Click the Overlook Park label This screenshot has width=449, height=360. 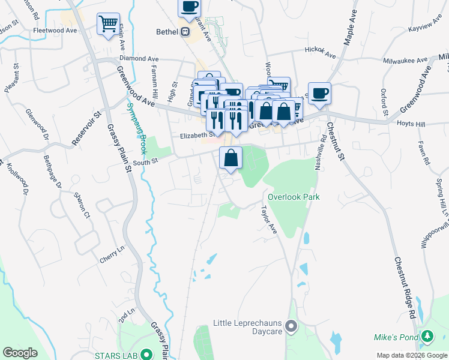(x=294, y=197)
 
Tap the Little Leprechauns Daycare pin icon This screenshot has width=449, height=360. (x=292, y=327)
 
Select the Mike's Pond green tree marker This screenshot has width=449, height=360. (x=427, y=337)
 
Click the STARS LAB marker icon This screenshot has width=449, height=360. (x=145, y=355)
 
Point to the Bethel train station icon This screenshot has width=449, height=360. (x=186, y=31)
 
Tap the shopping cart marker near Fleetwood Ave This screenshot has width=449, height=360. (x=108, y=25)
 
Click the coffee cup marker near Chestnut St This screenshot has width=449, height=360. (x=320, y=93)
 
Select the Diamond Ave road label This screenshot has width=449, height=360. (x=139, y=59)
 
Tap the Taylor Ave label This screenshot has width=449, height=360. (x=267, y=220)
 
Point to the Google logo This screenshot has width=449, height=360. (x=20, y=353)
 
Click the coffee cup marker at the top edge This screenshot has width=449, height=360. (x=189, y=7)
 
